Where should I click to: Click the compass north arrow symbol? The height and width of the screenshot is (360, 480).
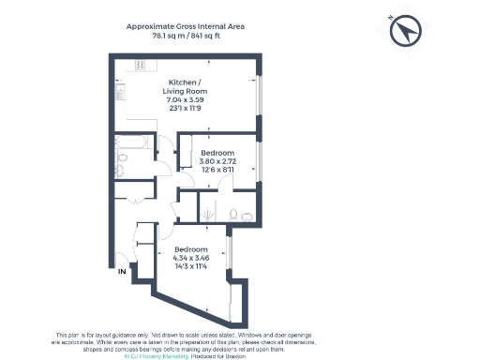point(405,32)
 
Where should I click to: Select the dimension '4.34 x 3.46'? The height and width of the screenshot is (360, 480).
point(193,258)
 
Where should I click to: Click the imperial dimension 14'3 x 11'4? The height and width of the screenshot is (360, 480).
point(193,267)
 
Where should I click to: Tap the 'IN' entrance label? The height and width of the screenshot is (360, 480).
point(122,272)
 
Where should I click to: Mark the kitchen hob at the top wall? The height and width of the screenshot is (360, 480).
point(141,67)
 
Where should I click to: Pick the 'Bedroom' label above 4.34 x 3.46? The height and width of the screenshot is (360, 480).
point(193,248)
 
